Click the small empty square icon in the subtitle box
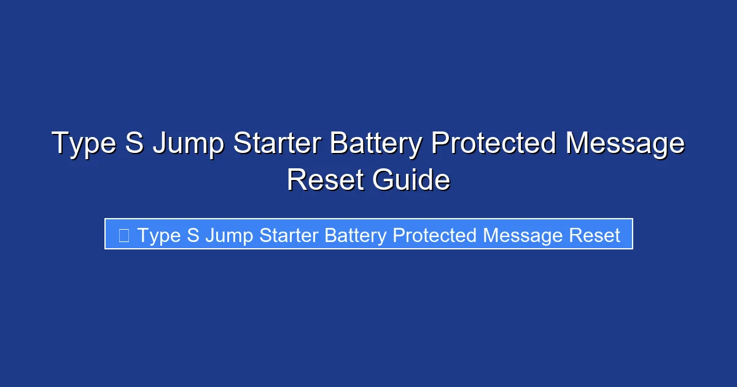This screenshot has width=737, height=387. coord(123,235)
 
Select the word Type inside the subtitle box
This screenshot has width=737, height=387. coord(159,236)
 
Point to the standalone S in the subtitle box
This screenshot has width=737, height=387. coord(193,235)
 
